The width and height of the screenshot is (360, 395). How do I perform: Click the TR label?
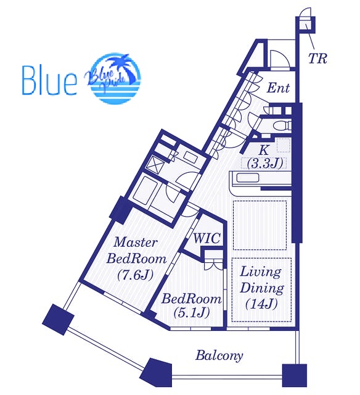(x=317, y=59)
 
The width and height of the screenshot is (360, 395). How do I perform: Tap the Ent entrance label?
(x=278, y=88)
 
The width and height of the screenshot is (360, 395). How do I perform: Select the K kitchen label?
(x=263, y=150)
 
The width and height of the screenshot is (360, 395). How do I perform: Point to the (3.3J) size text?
(x=265, y=164)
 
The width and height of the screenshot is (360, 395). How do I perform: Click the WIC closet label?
(x=207, y=238)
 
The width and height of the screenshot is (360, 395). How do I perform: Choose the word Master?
(x=136, y=243)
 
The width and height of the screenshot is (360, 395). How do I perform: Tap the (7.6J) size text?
(x=135, y=275)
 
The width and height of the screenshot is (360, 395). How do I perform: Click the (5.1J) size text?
(x=192, y=313)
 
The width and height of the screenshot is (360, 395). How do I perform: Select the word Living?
(x=260, y=273)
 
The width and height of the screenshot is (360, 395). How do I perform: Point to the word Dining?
(x=262, y=289)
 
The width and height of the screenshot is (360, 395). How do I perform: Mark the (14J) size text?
(x=261, y=304)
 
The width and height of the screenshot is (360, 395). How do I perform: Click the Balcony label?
(x=219, y=356)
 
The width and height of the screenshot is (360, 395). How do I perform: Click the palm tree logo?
(x=115, y=78)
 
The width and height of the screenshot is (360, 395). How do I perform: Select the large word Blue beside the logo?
(x=49, y=80)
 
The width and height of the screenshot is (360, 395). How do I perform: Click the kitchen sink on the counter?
(x=248, y=178)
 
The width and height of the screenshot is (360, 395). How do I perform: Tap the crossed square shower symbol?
(x=155, y=164)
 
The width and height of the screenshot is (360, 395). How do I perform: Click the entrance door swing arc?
(x=280, y=59)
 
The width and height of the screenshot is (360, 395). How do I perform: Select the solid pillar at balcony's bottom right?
(x=294, y=375)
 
